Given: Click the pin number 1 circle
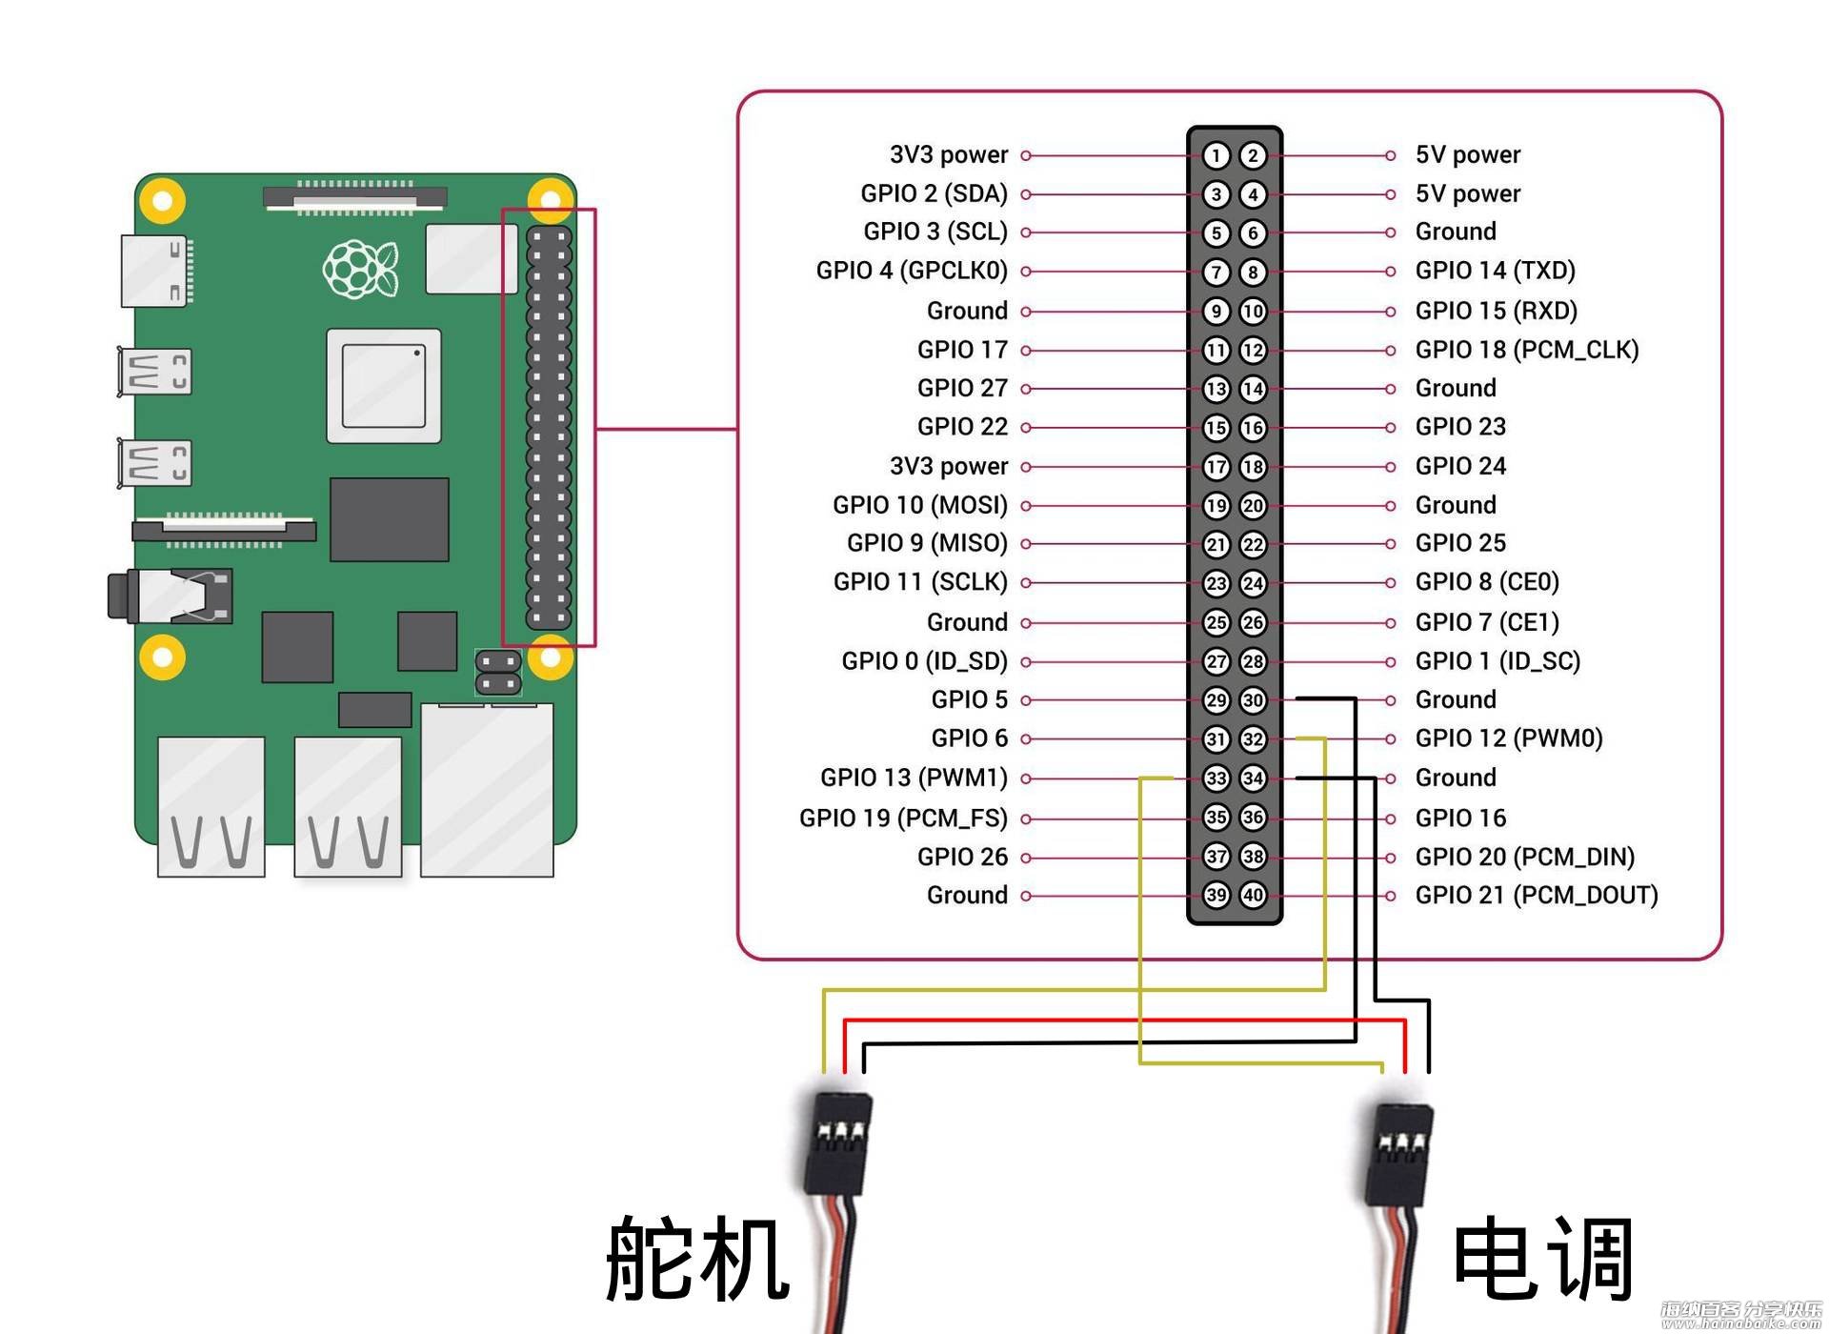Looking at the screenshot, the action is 1216,155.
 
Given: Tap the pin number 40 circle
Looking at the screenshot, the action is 1253,895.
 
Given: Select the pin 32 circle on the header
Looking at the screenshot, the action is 1253,738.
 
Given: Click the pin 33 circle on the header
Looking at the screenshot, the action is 1216,778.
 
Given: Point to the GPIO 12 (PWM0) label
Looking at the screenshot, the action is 1509,738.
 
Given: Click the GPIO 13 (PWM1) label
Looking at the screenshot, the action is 914,778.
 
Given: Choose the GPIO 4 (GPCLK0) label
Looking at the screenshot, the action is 912,271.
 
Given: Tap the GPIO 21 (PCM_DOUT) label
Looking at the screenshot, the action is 1537,896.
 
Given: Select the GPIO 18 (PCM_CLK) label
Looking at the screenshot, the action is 1527,350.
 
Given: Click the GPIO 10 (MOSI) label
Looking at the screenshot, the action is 920,505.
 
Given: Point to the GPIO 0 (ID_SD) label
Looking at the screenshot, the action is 924,661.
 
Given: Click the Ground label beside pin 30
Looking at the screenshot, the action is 1456,699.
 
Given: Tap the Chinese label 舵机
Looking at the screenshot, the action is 698,1260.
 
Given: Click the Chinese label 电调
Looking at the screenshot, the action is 1543,1260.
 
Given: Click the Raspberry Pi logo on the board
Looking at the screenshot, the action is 360,269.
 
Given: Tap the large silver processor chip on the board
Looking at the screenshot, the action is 384,386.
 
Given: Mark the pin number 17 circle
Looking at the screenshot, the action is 1216,467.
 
